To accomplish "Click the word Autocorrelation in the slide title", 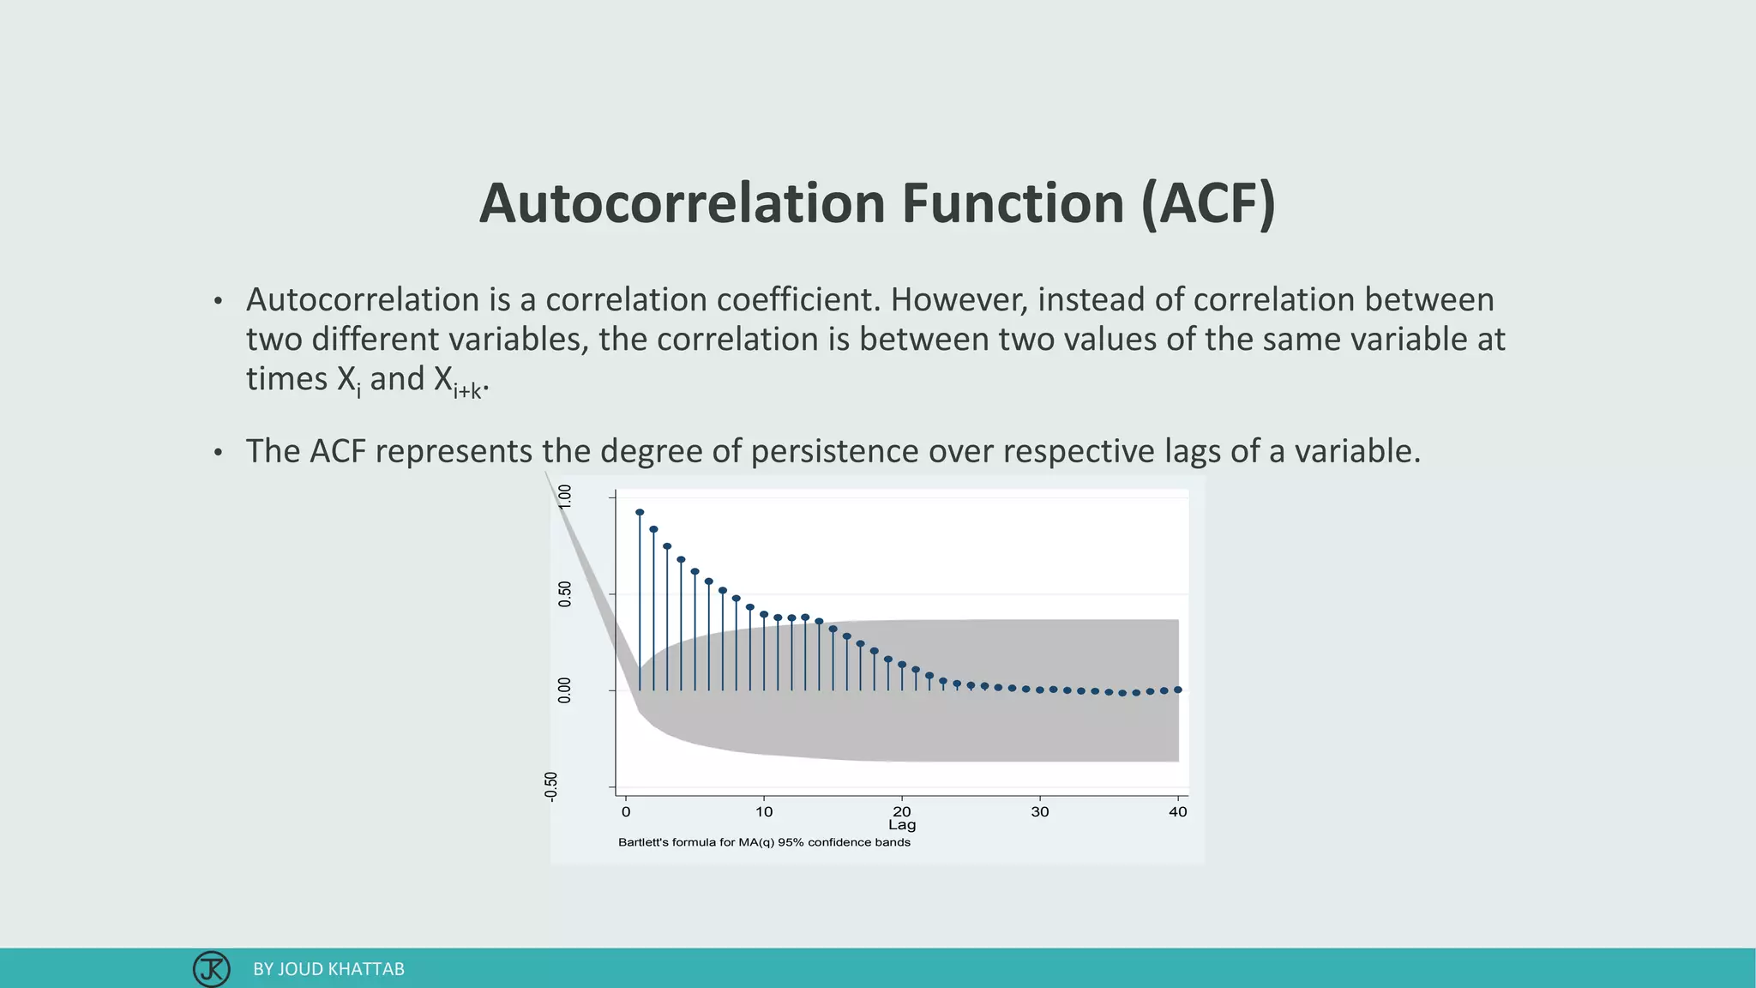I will [682, 204].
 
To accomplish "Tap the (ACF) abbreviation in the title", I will [1208, 204].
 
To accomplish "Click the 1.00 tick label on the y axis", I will [564, 497].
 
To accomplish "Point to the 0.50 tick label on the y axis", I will [564, 593].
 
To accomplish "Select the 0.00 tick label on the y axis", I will [564, 690].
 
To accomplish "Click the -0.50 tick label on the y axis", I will [550, 786].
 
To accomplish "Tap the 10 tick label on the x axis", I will [764, 811].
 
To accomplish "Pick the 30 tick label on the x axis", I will [1039, 811].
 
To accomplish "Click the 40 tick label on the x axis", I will [1177, 811].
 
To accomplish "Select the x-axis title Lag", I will [902, 825].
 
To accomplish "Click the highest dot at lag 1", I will [640, 512].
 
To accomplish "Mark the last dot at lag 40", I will [1178, 690].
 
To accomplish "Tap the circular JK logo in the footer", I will [211, 969].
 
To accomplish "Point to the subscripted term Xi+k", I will [459, 381].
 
